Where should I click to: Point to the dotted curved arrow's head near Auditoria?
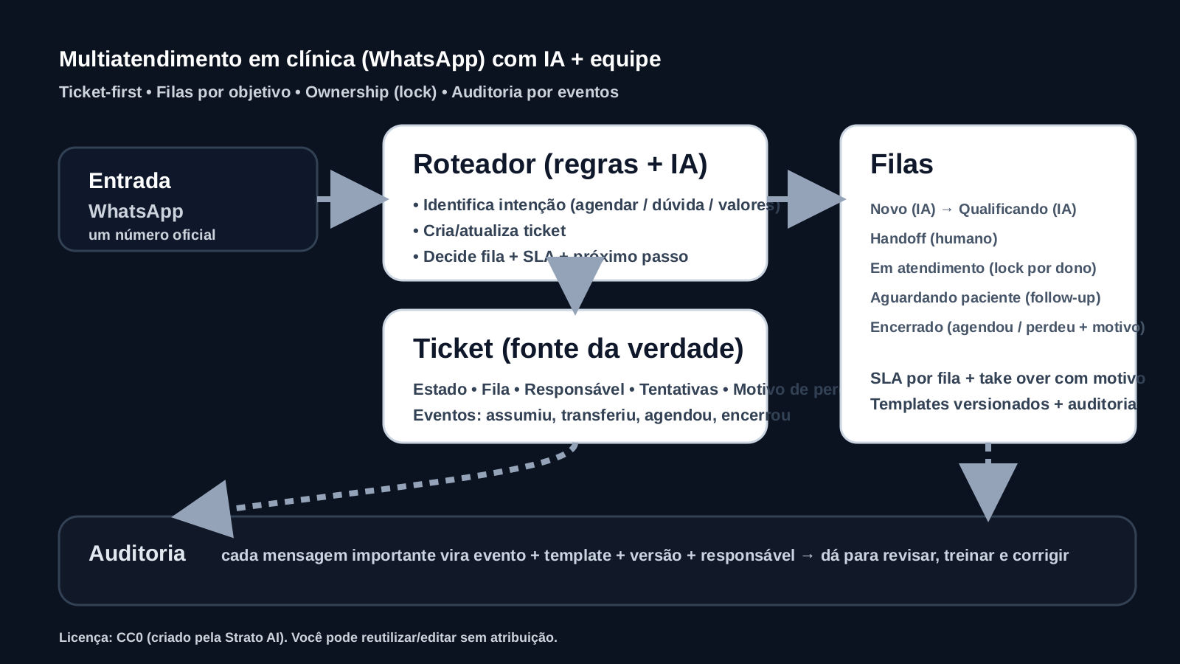coord(206,511)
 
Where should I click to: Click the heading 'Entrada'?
coord(130,181)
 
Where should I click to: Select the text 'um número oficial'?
coord(152,235)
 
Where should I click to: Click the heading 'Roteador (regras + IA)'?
coord(560,164)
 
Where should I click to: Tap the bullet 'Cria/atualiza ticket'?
coord(490,231)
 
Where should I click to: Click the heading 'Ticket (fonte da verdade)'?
coord(578,348)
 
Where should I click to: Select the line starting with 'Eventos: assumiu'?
coord(601,415)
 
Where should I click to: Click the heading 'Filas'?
coord(901,164)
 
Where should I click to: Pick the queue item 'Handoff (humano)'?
coord(934,238)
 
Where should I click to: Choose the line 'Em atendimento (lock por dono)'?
coord(983,268)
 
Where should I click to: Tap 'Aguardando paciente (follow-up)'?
coord(985,297)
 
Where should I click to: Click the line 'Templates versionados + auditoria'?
coord(1003,404)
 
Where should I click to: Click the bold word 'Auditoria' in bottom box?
coord(137,553)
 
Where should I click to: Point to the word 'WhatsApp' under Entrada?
coord(136,211)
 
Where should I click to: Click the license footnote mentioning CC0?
coord(308,637)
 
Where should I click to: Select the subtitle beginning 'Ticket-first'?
coord(339,92)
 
